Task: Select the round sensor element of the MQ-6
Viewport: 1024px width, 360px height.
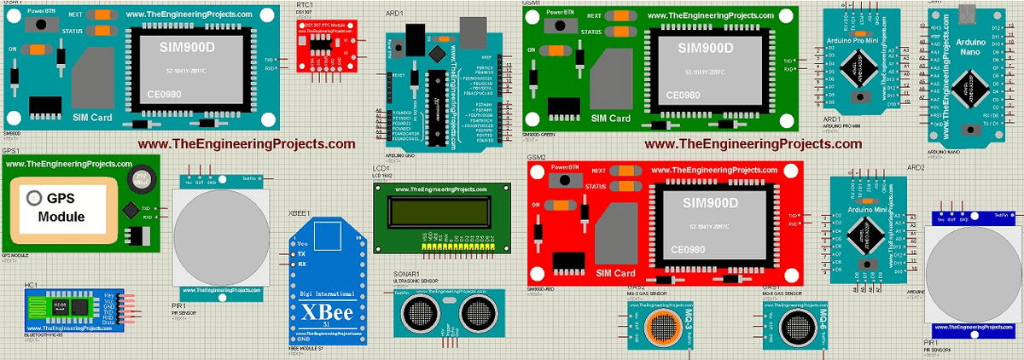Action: pos(798,326)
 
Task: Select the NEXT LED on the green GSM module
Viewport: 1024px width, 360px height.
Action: pos(627,15)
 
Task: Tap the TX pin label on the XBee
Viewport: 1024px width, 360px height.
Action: pos(302,253)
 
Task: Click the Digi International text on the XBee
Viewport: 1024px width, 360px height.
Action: pos(328,295)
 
